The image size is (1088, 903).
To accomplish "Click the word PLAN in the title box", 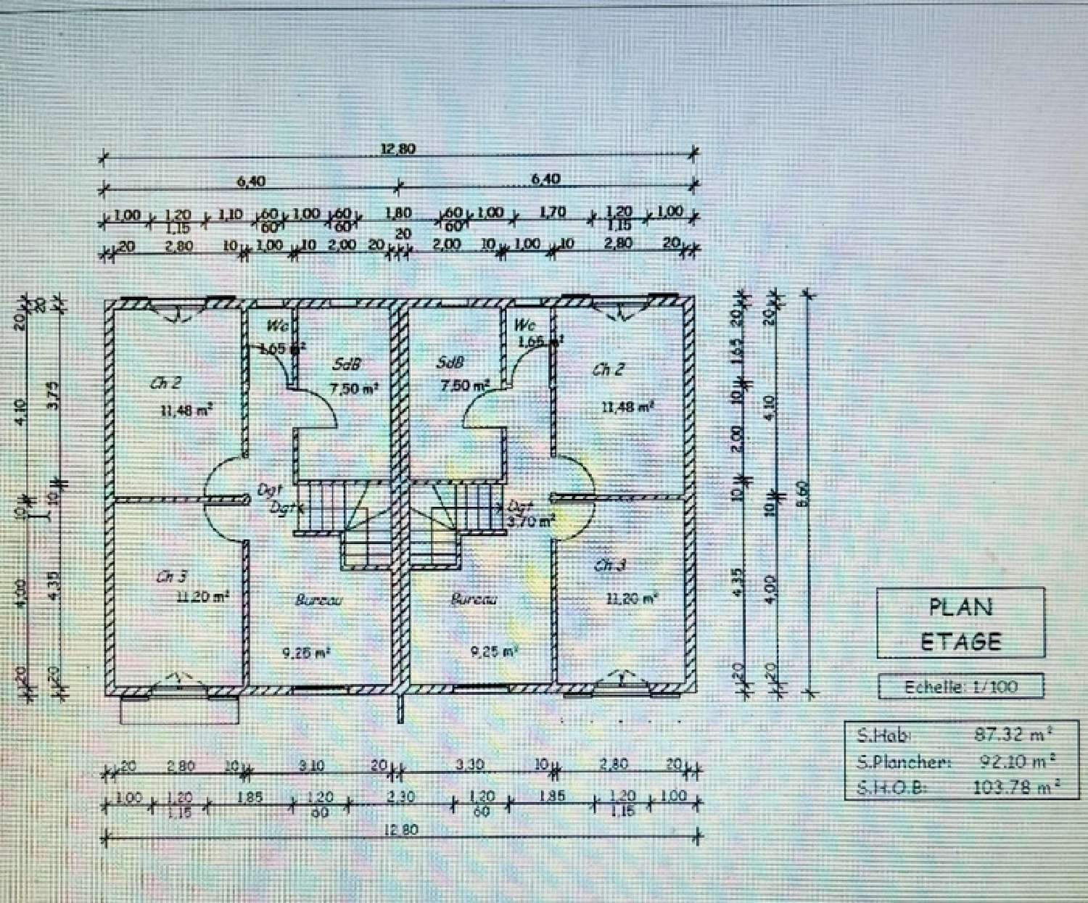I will [x=960, y=607].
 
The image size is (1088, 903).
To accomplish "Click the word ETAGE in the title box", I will [x=960, y=641].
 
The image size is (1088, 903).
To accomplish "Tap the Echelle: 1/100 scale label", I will [x=960, y=686].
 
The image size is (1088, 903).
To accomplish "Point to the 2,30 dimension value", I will [x=401, y=796].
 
